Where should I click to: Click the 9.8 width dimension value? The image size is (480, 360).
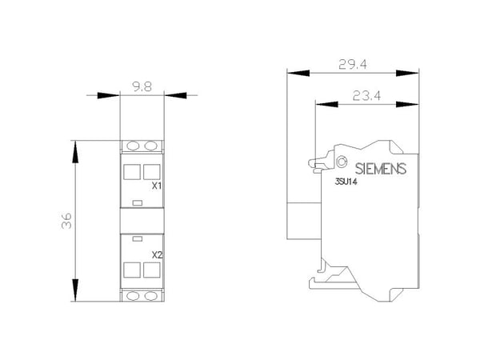click(x=142, y=87)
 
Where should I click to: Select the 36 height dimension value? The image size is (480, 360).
click(x=66, y=221)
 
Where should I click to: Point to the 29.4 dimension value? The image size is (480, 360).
click(x=353, y=64)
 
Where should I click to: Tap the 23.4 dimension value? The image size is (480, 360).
click(x=366, y=96)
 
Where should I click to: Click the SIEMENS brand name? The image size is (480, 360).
click(x=381, y=169)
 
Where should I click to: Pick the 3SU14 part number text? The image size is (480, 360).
click(x=346, y=182)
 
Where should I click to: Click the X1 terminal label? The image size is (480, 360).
click(x=157, y=186)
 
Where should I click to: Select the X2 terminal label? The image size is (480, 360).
click(x=157, y=254)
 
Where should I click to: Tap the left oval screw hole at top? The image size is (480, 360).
click(x=133, y=146)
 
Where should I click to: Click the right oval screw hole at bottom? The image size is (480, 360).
click(x=150, y=296)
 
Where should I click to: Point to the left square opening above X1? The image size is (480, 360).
click(x=132, y=172)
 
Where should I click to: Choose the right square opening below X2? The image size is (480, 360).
click(x=151, y=270)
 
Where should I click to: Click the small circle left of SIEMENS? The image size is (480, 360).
click(x=342, y=162)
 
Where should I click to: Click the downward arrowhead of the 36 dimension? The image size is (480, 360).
click(x=75, y=290)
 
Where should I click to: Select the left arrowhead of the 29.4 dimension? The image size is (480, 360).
click(x=298, y=73)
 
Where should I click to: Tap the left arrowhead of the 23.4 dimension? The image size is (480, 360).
click(x=326, y=104)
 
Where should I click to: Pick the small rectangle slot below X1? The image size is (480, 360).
click(x=138, y=202)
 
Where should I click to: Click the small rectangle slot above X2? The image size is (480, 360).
click(x=138, y=238)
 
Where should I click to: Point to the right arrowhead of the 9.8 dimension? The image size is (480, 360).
click(x=175, y=95)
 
